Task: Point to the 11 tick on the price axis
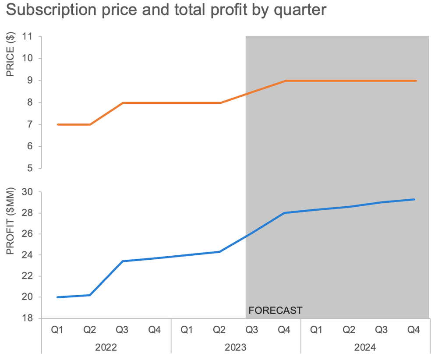[28, 36]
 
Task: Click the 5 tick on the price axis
[30, 168]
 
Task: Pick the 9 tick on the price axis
[30, 81]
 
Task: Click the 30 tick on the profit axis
[28, 192]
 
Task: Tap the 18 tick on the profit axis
[28, 318]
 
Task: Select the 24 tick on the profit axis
[28, 255]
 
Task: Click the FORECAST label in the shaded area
[275, 311]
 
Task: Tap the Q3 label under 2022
[122, 330]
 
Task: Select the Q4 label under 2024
[413, 330]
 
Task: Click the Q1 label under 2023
[187, 330]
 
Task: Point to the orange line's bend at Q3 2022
[123, 102]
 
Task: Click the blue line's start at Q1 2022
[58, 297]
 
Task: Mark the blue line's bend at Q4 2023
[284, 213]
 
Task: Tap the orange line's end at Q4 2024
[415, 81]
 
